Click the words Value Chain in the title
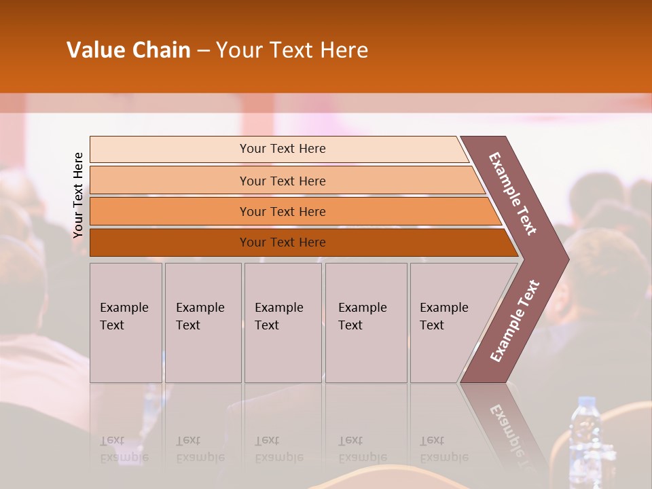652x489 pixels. point(128,50)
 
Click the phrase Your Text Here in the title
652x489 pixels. point(292,50)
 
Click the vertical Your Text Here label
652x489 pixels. point(78,195)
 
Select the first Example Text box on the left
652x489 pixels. point(126,323)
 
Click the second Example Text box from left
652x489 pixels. point(202,323)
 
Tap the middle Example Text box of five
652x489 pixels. point(283,323)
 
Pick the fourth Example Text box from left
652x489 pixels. point(366,323)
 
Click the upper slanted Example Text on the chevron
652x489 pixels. point(513,194)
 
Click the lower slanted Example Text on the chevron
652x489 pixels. point(515,321)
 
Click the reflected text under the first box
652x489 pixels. point(124,450)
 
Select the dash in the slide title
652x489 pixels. point(203,50)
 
